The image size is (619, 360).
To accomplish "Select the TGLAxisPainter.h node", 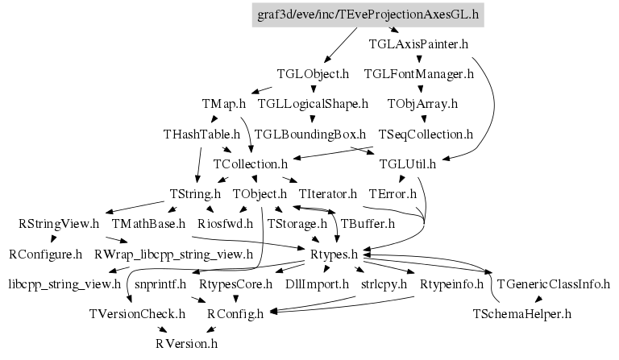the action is coord(418,44).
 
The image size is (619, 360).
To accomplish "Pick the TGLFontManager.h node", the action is coord(418,74).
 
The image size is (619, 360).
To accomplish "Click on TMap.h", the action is coord(224,104).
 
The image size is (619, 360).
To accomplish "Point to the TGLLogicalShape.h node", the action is coord(313,104).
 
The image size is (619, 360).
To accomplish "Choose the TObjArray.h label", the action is coord(422,104).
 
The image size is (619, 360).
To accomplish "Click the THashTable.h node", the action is coord(201,134).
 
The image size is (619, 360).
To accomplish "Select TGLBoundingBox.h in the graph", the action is coord(310,134).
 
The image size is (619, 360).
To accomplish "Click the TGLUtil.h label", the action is coord(407,163).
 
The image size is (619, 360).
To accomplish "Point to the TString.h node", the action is coord(196,194).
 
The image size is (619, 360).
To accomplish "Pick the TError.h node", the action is coord(393,194).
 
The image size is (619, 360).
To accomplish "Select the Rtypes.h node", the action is coord(334,254).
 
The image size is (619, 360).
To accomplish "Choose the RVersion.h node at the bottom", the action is coord(187,344).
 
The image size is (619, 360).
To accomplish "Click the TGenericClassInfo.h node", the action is coord(554,284).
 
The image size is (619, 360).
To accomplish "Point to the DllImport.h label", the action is coord(318,284).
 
